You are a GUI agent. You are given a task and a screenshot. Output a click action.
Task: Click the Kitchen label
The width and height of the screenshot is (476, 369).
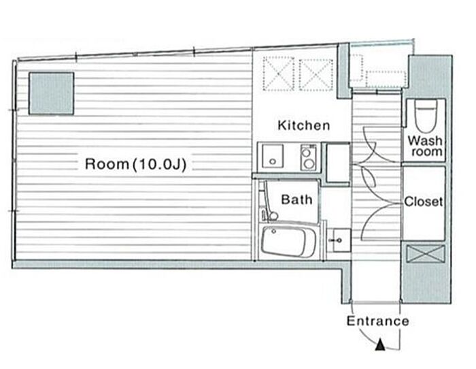[x=303, y=125]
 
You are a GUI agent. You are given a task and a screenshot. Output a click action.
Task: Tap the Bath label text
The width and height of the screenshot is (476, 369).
[x=296, y=199]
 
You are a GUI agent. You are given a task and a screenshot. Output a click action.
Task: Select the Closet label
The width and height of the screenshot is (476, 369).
[x=424, y=202]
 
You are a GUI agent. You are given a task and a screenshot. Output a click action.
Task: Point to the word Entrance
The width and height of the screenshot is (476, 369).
[x=378, y=321]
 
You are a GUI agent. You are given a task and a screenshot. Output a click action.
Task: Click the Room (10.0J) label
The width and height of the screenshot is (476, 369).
[x=135, y=164]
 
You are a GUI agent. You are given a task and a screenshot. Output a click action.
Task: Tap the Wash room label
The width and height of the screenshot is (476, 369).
[x=425, y=146]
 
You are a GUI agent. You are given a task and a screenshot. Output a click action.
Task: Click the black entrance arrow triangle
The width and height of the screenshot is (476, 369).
[x=380, y=346]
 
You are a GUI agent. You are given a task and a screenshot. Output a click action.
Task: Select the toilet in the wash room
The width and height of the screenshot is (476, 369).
[x=426, y=116]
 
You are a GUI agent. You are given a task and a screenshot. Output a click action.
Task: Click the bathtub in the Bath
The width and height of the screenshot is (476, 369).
[x=288, y=242]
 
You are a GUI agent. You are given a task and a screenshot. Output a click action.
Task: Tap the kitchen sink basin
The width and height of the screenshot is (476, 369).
[x=273, y=156]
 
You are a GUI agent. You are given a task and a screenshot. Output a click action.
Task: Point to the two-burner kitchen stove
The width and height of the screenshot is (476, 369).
[x=309, y=157]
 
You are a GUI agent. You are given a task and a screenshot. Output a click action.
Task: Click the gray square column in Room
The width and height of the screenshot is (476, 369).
[x=51, y=93]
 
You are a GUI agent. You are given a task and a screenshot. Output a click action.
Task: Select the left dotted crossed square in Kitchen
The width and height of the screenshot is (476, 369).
[x=278, y=74]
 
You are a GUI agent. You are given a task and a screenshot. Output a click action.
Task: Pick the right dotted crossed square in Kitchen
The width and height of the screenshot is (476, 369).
[x=316, y=74]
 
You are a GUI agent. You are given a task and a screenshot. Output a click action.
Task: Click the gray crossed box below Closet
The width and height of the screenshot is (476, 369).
[x=426, y=254]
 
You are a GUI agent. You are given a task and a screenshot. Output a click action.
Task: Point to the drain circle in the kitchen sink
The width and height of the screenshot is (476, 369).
[x=273, y=161]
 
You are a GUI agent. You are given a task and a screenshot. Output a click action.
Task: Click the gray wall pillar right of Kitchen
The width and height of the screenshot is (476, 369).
[x=344, y=71]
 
